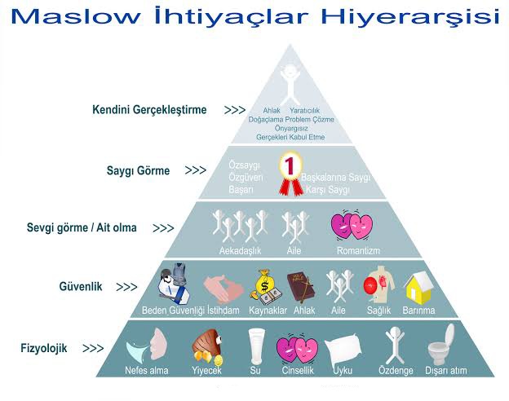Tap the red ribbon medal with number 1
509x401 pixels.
288,174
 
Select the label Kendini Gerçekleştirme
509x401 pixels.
149,110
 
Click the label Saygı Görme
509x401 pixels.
138,171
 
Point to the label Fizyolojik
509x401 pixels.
44,348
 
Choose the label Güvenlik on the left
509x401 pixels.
80,287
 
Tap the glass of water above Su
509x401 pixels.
255,346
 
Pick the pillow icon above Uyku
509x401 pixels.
343,348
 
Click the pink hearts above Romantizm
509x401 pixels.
353,226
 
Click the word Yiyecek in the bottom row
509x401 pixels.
205,371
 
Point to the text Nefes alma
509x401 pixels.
147,371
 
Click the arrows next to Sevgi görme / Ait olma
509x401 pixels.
163,229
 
